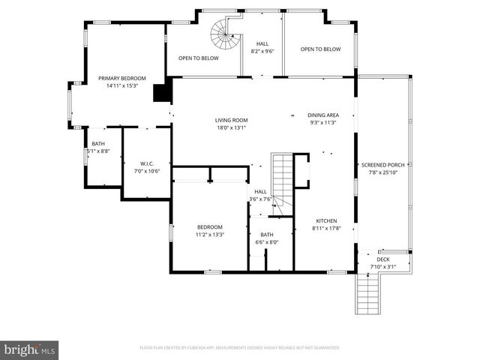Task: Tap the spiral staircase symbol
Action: coord(223,33)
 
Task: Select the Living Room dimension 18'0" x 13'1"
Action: coord(231,127)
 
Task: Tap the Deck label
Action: coord(383,259)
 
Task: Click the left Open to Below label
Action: coord(198,58)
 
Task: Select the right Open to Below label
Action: coord(320,49)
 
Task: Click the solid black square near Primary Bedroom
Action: coord(160,92)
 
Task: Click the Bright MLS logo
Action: coord(30,349)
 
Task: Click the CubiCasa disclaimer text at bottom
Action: coord(240,348)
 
